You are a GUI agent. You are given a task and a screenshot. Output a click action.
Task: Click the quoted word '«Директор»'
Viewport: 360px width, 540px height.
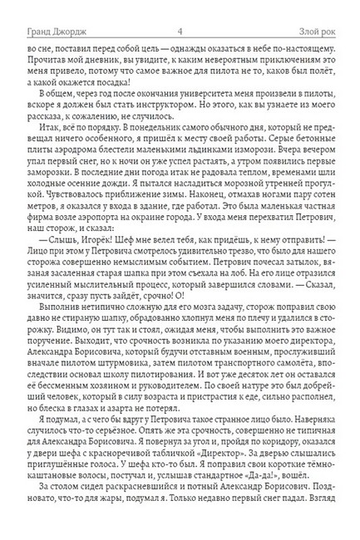[x=202, y=471]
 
